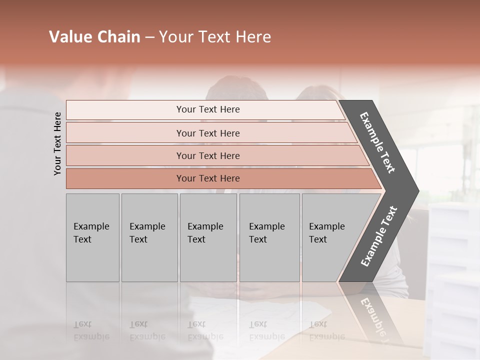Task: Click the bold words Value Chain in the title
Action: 94,37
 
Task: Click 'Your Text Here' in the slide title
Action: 215,37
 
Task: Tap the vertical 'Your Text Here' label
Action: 57,143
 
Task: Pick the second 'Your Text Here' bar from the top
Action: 207,133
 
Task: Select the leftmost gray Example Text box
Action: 92,237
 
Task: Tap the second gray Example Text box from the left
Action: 149,237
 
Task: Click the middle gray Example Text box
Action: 208,237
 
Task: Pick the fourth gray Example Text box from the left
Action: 269,237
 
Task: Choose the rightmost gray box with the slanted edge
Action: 330,237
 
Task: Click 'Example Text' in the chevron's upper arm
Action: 377,142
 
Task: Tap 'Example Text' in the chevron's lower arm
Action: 378,236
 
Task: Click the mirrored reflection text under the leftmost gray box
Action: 91,330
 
